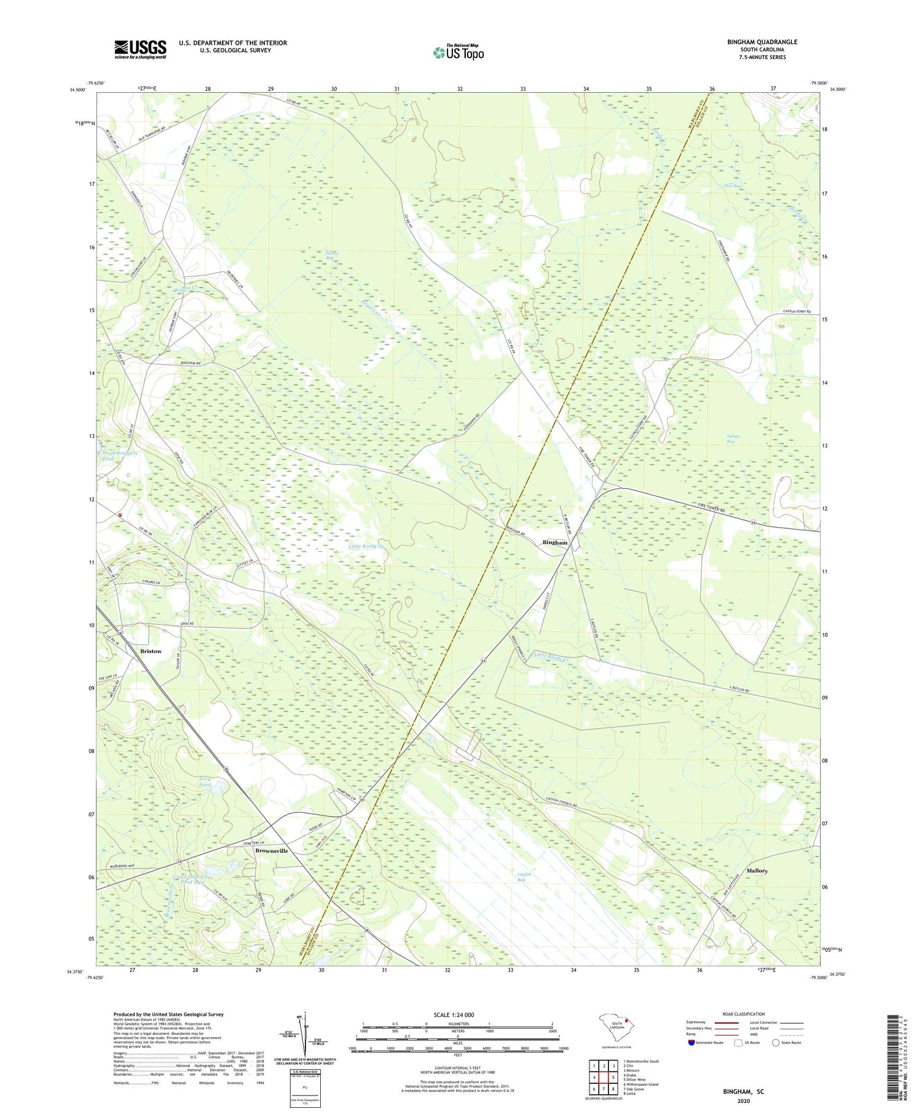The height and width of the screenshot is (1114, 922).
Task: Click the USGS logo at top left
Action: coord(140,49)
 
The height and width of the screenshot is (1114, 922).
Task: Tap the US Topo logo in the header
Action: coord(458,53)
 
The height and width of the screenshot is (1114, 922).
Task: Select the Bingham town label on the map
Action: coord(554,543)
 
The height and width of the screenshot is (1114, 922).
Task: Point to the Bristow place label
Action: coord(151,651)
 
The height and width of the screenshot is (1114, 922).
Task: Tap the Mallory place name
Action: coord(757,871)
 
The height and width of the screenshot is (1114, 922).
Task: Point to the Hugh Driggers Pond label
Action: coord(119,455)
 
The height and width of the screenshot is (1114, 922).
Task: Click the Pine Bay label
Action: coord(732,186)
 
